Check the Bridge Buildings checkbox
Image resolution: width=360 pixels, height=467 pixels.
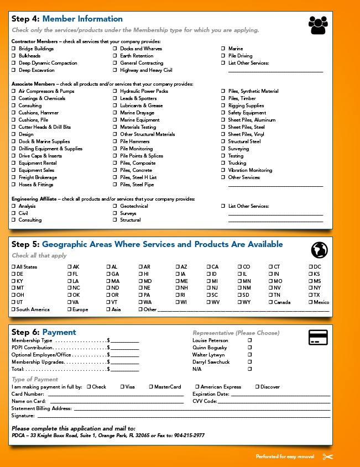(x=14, y=49)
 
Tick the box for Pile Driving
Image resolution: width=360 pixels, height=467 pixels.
(x=223, y=56)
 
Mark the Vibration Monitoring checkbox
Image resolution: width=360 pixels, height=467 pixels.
(x=223, y=170)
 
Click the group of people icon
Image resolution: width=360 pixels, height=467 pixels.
(x=317, y=25)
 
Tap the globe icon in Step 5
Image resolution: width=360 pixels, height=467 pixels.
(x=319, y=250)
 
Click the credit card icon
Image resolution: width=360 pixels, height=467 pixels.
(x=318, y=337)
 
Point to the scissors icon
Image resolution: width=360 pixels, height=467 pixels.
(x=328, y=456)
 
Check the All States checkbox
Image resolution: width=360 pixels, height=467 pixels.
(x=13, y=267)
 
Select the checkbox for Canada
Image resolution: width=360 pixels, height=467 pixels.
(x=270, y=302)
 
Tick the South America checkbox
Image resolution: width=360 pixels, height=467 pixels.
(x=13, y=309)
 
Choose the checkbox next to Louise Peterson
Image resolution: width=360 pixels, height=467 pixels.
(x=250, y=340)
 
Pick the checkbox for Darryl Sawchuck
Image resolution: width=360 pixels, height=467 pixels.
(x=250, y=362)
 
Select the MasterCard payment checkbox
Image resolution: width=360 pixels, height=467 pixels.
(x=151, y=387)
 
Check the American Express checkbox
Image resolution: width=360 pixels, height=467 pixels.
(x=197, y=387)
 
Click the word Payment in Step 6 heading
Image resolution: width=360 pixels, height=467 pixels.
(x=59, y=332)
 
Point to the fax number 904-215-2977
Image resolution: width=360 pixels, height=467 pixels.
(x=189, y=435)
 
